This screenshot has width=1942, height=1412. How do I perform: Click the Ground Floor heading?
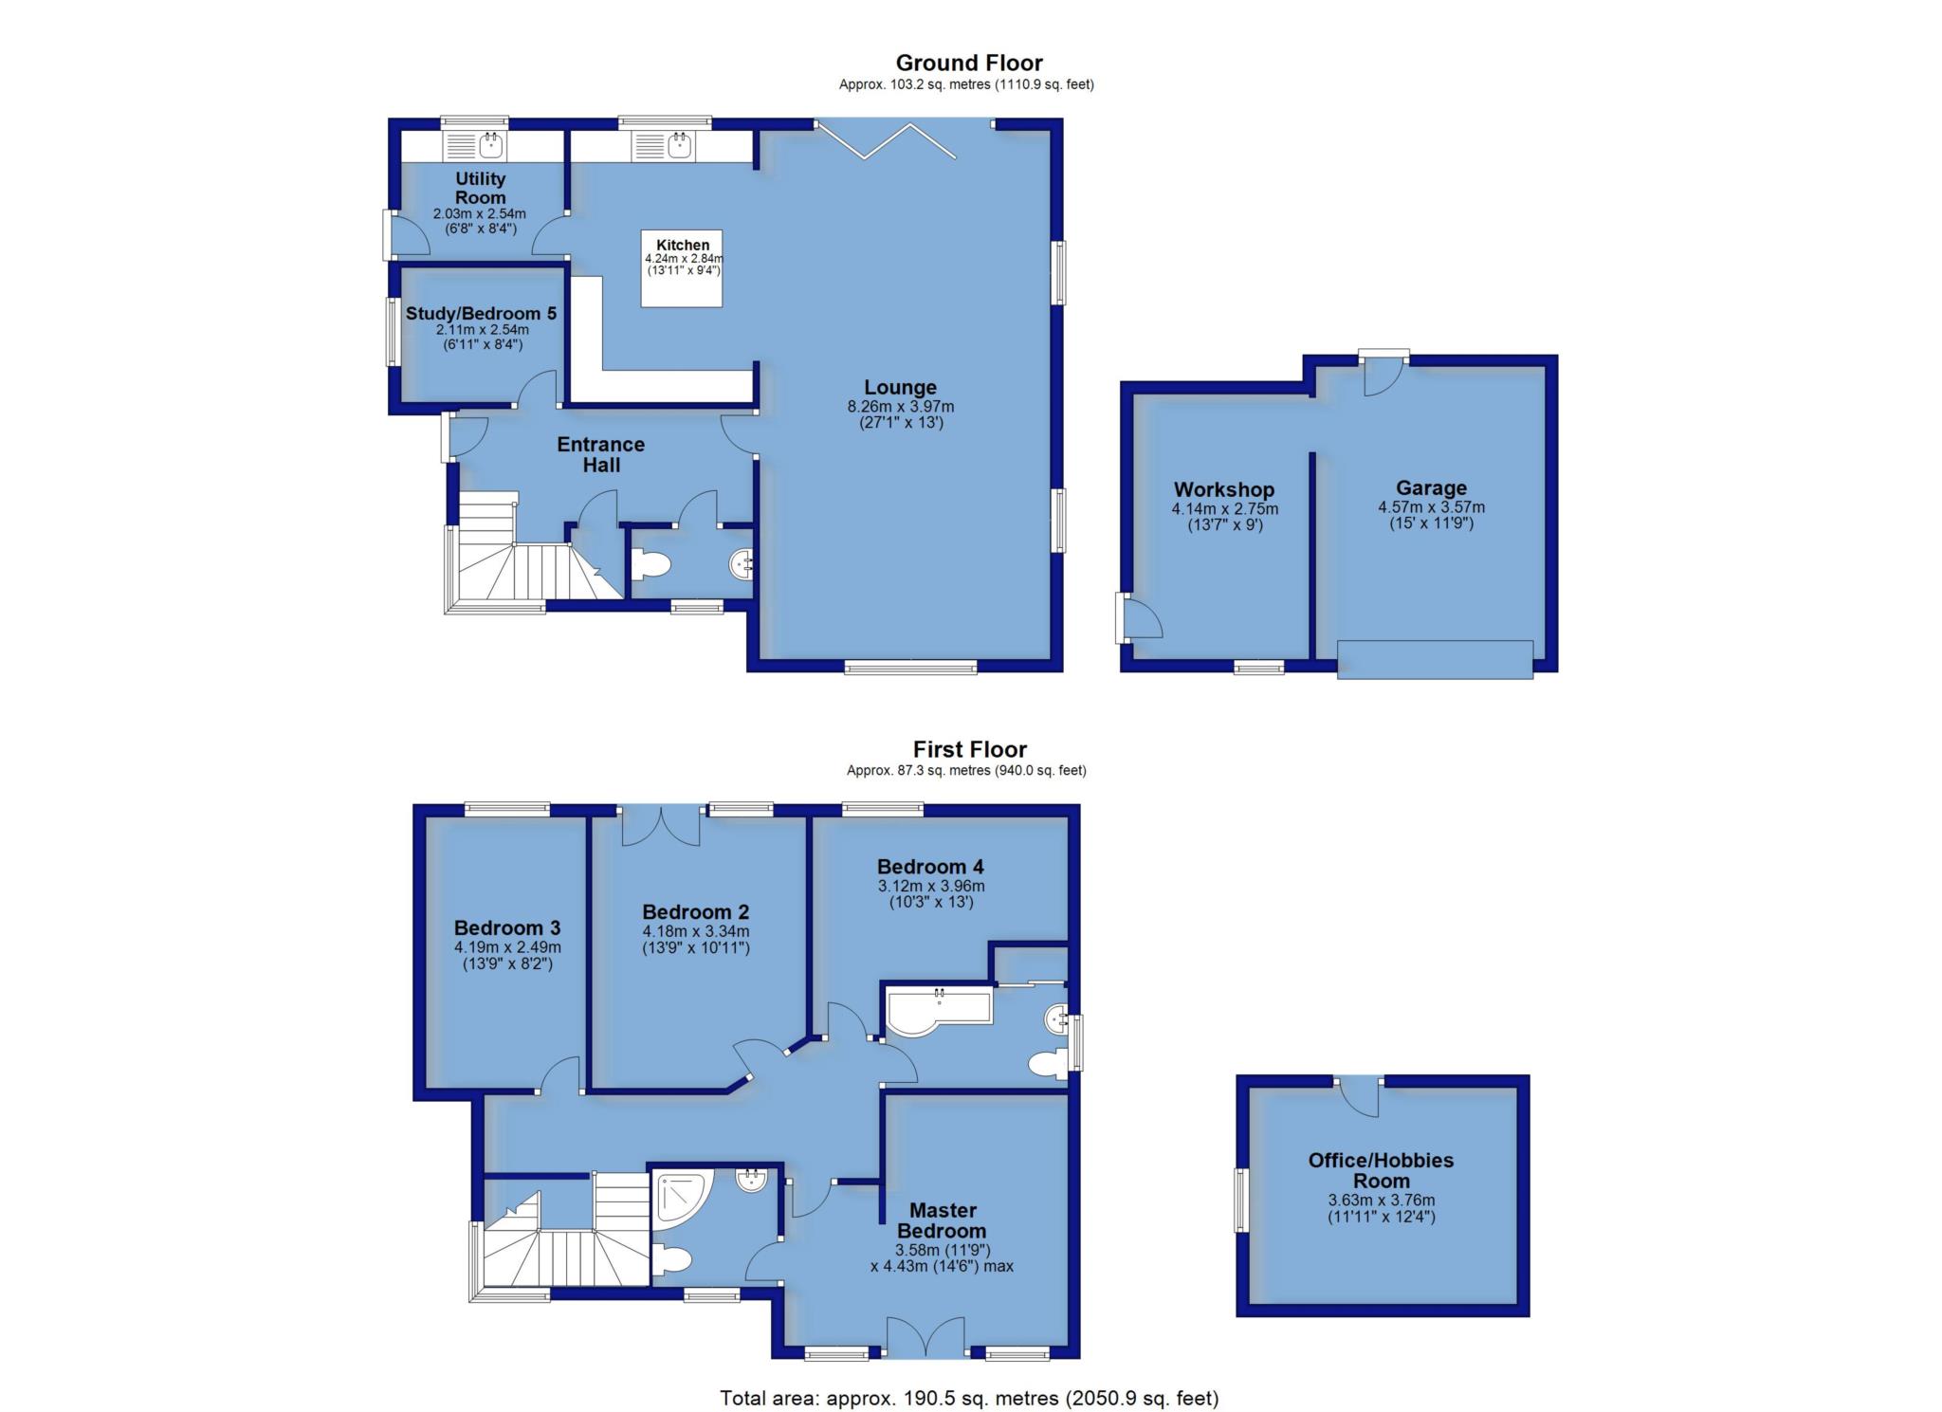[968, 63]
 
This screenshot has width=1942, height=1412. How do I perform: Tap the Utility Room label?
[481, 188]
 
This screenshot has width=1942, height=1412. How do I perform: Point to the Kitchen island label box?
[682, 267]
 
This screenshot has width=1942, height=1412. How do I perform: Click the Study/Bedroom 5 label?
[481, 314]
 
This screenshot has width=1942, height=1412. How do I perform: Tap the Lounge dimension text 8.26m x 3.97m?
[900, 407]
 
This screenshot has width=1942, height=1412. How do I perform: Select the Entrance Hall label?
[601, 454]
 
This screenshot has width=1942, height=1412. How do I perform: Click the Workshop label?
[1224, 489]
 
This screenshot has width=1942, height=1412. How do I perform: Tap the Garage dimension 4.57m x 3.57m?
[1431, 507]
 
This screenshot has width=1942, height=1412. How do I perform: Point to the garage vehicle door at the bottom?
[1435, 659]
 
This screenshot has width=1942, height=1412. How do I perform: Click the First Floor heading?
[970, 749]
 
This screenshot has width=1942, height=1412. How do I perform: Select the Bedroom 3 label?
[507, 928]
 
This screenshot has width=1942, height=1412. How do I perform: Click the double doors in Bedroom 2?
[661, 825]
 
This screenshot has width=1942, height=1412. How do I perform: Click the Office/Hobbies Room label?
[1381, 1170]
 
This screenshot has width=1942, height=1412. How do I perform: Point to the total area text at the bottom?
[969, 1398]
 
